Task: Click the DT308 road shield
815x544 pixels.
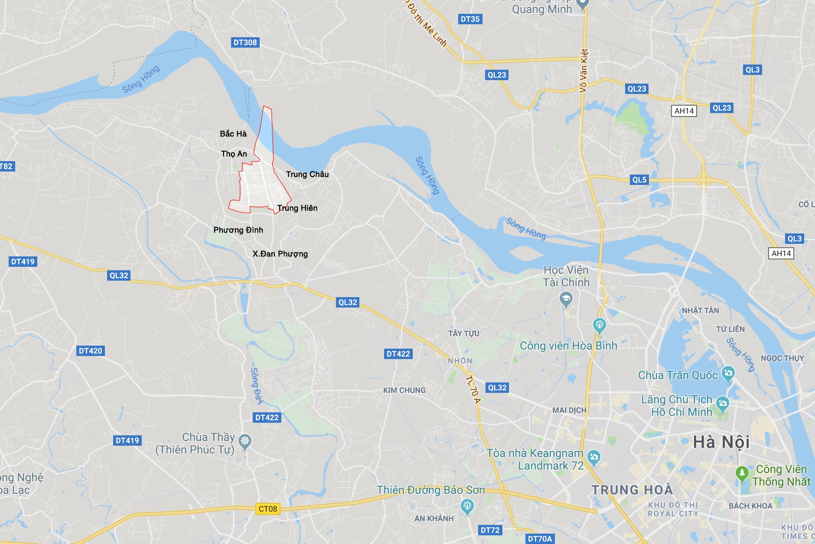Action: (x=245, y=42)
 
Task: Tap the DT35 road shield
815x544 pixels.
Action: (x=470, y=19)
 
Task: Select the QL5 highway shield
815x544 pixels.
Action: (x=639, y=180)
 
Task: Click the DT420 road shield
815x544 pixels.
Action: (x=91, y=351)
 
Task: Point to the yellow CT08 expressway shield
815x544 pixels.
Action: (x=267, y=509)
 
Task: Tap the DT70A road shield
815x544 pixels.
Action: (x=540, y=539)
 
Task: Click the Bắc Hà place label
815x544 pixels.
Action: (x=233, y=134)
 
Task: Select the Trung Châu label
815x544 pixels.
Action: (x=307, y=174)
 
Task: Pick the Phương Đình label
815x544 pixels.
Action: (x=238, y=230)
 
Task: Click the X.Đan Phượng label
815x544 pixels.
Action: (x=280, y=254)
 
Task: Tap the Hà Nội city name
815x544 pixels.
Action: (x=721, y=442)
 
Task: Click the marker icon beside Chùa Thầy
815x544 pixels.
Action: (x=245, y=441)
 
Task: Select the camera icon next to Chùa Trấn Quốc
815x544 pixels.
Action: (x=728, y=373)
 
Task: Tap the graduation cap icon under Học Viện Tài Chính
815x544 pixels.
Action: (x=566, y=298)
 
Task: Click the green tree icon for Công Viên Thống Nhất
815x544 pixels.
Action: (x=742, y=473)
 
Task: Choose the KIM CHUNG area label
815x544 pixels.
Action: (x=404, y=390)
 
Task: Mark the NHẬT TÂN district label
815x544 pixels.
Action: (x=700, y=311)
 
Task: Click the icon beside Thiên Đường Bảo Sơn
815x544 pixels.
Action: (x=467, y=505)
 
